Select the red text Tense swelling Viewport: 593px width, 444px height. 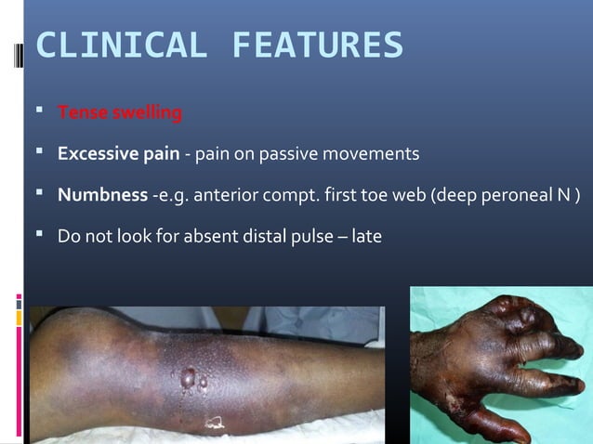(120, 114)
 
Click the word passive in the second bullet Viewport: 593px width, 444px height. (289, 153)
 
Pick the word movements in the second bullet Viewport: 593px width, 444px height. (373, 153)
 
